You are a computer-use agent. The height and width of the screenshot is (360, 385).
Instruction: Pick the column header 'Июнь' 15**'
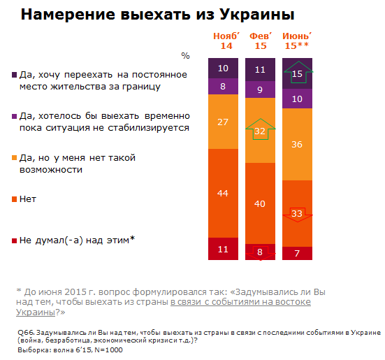(296, 40)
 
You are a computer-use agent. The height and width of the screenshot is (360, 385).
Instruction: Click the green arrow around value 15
(296, 73)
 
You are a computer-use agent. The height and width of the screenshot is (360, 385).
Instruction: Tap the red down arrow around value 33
(296, 214)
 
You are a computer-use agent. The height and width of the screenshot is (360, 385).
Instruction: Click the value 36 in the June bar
(296, 145)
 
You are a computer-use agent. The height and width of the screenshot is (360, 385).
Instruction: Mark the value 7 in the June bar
(296, 252)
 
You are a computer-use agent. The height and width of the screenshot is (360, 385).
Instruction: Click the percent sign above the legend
(185, 55)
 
